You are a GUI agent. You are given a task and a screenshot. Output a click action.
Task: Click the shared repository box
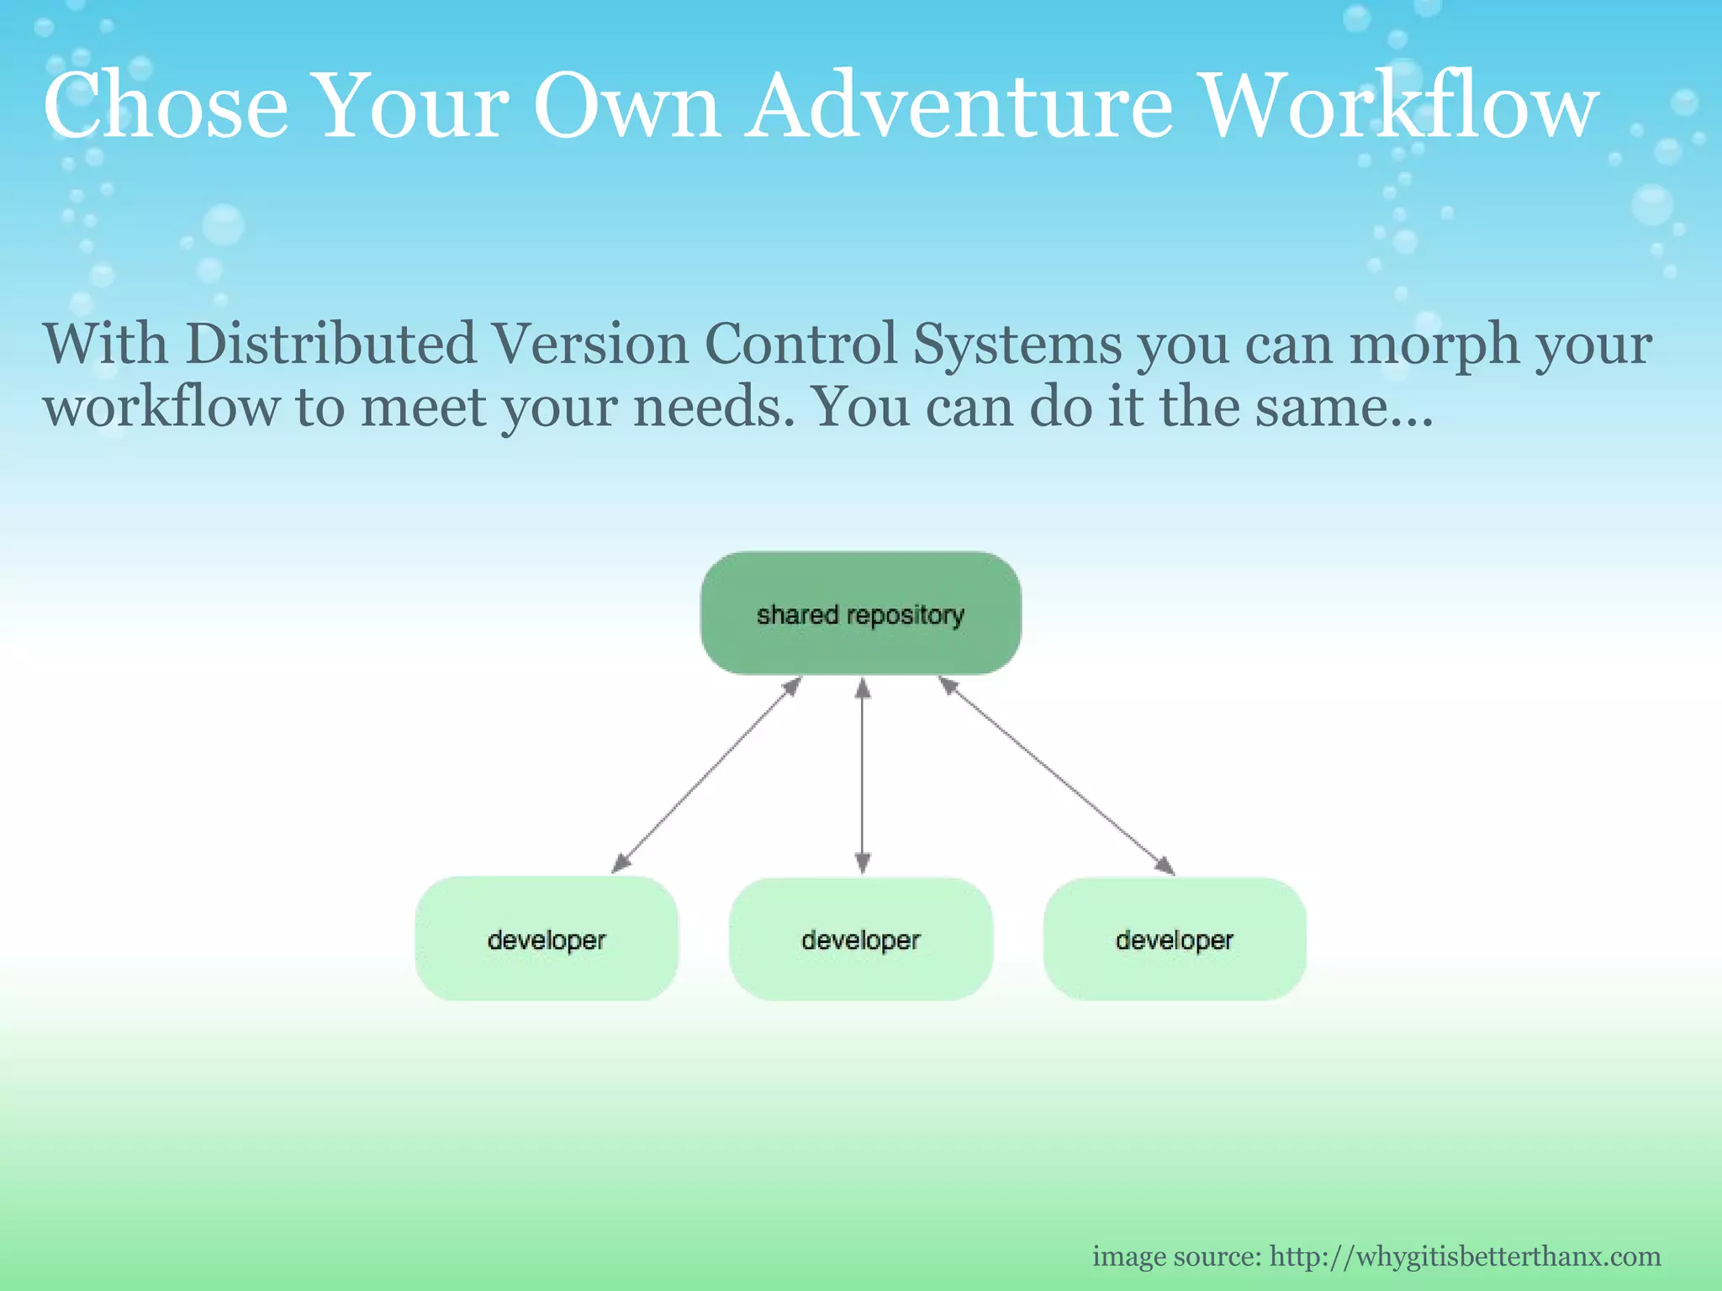pyautogui.click(x=860, y=614)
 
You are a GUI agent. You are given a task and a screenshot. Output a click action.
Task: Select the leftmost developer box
pyautogui.click(x=547, y=939)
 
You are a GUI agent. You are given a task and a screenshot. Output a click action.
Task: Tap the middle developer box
pyautogui.click(x=860, y=939)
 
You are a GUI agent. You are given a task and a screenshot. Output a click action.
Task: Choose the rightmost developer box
pyautogui.click(x=1174, y=939)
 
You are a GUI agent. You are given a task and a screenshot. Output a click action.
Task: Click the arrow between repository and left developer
pyautogui.click(x=706, y=775)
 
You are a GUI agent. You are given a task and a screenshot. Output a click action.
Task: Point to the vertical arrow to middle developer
pyautogui.click(x=862, y=775)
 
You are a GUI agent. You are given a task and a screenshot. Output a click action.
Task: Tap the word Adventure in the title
pyautogui.click(x=959, y=107)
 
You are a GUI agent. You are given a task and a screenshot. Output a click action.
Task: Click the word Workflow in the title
pyautogui.click(x=1400, y=107)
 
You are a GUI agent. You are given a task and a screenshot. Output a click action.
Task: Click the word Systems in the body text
pyautogui.click(x=1017, y=345)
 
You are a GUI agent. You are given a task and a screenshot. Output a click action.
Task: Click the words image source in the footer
pyautogui.click(x=1176, y=1257)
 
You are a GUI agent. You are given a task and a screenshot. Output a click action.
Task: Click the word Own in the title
pyautogui.click(x=626, y=107)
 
